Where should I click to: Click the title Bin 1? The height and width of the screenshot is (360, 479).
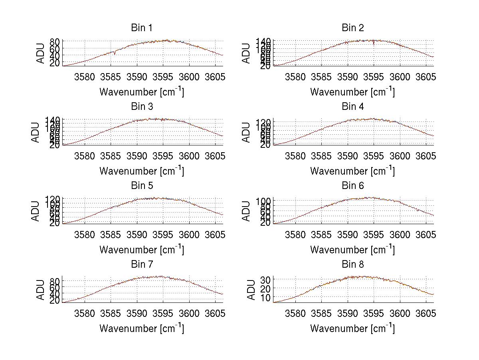pos(141,28)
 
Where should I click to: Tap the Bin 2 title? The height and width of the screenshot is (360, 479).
pos(352,28)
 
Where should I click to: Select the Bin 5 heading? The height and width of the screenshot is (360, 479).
pos(141,186)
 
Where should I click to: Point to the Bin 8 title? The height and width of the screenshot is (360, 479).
pos(352,265)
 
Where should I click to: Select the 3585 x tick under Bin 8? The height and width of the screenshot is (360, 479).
pos(321,313)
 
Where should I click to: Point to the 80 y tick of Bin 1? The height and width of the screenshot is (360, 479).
pos(55,42)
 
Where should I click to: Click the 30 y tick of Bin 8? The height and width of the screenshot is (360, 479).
pos(266,279)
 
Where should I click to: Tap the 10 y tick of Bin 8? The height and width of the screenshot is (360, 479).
pos(266,298)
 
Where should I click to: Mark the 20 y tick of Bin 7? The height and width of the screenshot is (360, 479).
pos(55,301)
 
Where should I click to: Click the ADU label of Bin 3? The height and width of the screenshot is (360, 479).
pos(36,132)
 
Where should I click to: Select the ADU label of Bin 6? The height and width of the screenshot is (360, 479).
pos(247,211)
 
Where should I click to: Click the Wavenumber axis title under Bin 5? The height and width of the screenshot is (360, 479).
pos(141,250)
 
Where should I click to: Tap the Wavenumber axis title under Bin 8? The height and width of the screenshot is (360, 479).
pos(352,328)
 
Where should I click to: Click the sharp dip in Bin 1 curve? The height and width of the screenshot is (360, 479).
pos(115,54)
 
